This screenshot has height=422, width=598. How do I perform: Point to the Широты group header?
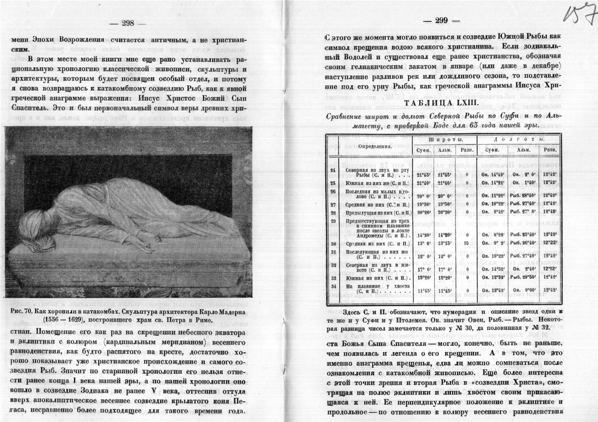[x=443, y=139]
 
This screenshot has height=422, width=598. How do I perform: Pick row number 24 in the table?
[x=333, y=170]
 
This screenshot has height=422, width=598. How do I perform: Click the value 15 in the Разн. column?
[x=466, y=244]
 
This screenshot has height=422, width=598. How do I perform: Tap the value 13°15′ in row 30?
[x=443, y=244]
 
